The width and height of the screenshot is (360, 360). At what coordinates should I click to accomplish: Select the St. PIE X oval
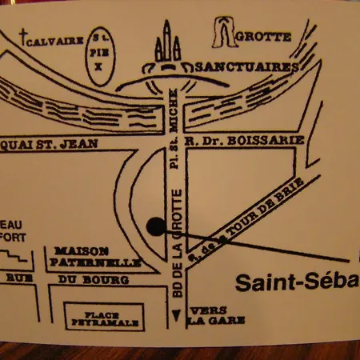pos(99,56)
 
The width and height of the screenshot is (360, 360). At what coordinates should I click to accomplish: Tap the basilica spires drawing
pos(168,45)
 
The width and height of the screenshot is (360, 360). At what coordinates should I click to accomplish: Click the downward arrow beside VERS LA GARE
pos(175,320)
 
